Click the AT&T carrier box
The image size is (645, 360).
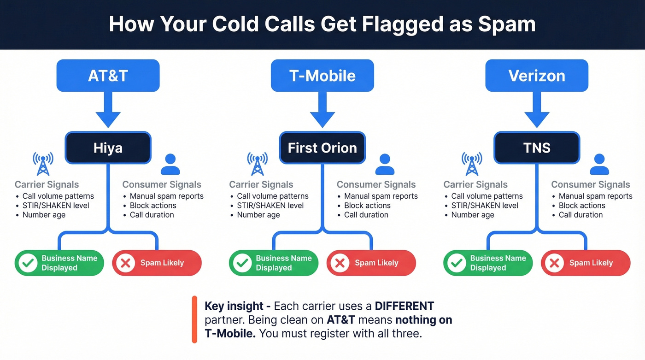click(x=108, y=76)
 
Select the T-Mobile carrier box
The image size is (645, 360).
click(x=322, y=76)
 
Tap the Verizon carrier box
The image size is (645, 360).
click(x=537, y=76)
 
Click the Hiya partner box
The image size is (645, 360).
click(x=108, y=148)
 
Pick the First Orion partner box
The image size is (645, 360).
click(x=322, y=148)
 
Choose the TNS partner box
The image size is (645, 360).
click(x=537, y=148)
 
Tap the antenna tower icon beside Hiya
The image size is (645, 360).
click(x=43, y=164)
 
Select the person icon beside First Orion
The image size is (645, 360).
click(x=385, y=165)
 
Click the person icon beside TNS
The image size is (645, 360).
click(x=599, y=165)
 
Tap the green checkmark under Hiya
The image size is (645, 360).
click(x=29, y=263)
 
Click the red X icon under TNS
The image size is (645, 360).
click(x=555, y=263)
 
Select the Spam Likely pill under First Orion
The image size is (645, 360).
click(x=371, y=263)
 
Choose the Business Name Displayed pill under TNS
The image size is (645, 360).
click(x=488, y=263)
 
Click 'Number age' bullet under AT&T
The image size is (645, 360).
click(x=44, y=215)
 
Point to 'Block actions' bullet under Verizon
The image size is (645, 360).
click(x=582, y=206)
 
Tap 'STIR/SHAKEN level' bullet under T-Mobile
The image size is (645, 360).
click(x=270, y=206)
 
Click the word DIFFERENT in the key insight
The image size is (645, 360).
click(x=404, y=306)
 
